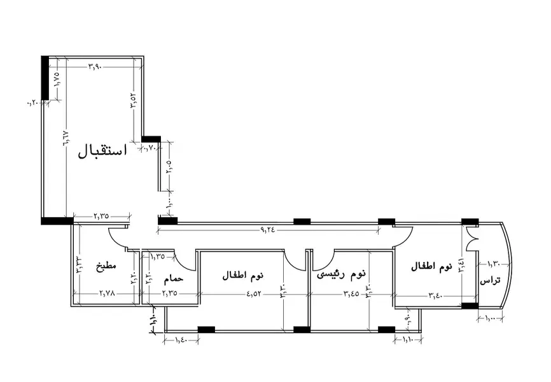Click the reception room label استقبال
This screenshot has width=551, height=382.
[x=102, y=151]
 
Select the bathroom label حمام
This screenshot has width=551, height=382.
[x=173, y=279]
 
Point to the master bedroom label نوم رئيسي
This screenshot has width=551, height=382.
[x=342, y=274]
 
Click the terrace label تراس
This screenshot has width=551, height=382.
[x=490, y=280]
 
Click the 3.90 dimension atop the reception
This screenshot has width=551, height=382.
[x=95, y=66]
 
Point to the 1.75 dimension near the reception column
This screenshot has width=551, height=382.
[x=57, y=79]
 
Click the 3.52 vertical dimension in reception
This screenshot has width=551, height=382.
[x=134, y=101]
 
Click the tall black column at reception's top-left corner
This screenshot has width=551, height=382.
[x=45, y=78]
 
